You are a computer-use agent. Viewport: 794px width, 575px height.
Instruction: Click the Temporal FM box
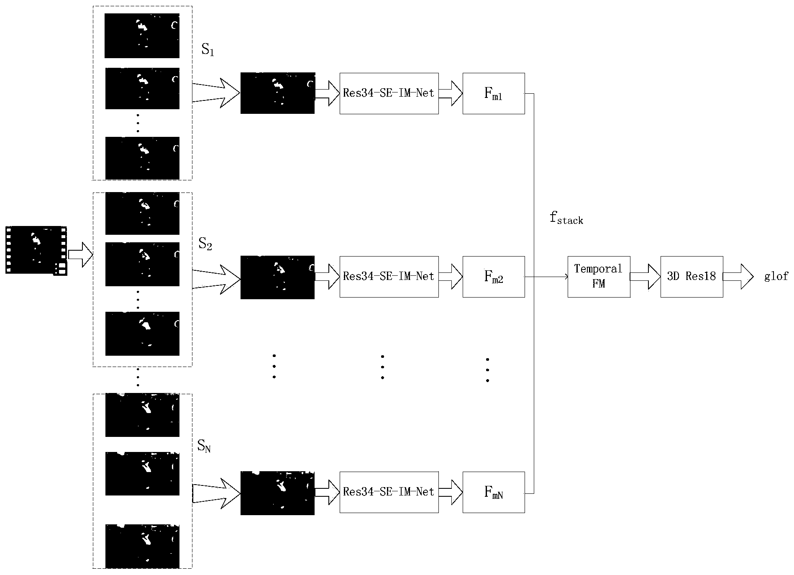click(599, 277)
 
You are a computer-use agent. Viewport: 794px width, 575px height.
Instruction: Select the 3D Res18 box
click(692, 277)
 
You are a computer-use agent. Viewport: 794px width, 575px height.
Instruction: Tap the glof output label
click(776, 276)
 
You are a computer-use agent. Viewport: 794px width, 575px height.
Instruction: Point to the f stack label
click(566, 218)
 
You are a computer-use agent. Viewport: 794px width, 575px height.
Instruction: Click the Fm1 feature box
click(494, 93)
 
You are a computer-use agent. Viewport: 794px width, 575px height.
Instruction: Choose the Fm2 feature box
click(494, 277)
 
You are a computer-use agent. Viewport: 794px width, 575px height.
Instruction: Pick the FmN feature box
click(494, 492)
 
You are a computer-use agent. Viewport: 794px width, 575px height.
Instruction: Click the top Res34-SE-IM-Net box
click(389, 93)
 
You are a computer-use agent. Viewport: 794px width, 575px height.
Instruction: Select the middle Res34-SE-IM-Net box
click(389, 277)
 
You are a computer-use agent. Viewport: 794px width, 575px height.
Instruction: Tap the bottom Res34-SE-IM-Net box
click(389, 492)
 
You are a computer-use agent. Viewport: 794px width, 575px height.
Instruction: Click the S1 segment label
click(207, 51)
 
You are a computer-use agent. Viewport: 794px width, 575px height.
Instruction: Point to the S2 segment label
click(205, 244)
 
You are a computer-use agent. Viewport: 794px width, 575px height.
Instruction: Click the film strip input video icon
click(36, 250)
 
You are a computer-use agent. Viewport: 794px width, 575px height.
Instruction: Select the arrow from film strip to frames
click(80, 254)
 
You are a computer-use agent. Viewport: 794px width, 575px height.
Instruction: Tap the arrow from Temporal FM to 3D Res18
click(645, 277)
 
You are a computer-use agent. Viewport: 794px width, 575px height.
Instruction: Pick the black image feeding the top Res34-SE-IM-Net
click(277, 93)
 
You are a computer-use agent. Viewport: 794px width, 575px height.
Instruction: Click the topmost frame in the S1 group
click(142, 36)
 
